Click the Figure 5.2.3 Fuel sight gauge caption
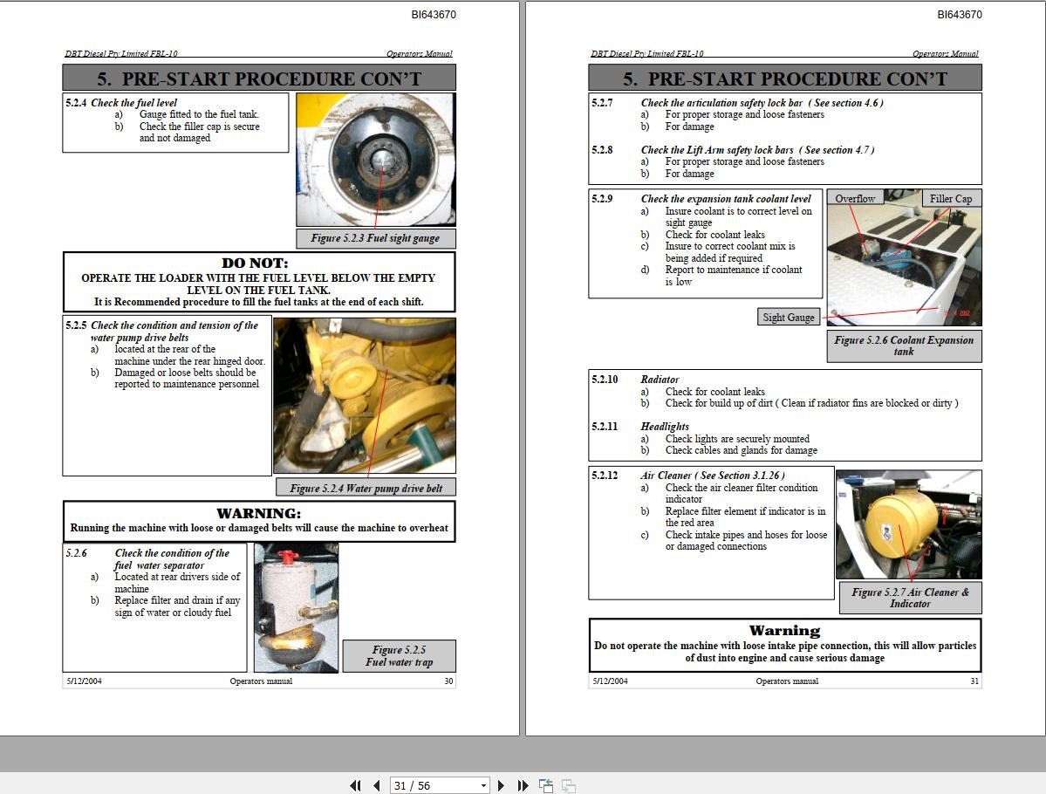[375, 238]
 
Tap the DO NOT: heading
[255, 264]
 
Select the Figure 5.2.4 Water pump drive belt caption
[366, 489]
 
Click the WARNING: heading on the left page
[258, 513]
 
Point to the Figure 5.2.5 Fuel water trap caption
[399, 656]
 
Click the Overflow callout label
[854, 199]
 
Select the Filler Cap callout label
[950, 199]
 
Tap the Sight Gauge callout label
[788, 318]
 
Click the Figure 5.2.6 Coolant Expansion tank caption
[903, 346]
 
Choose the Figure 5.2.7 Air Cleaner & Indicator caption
[910, 598]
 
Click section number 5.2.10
[605, 380]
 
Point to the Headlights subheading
[665, 427]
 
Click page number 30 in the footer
[448, 681]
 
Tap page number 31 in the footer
[974, 681]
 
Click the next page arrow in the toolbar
[501, 785]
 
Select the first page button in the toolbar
[355, 785]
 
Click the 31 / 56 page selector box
[439, 785]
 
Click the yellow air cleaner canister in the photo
[901, 525]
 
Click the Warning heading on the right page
[784, 631]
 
